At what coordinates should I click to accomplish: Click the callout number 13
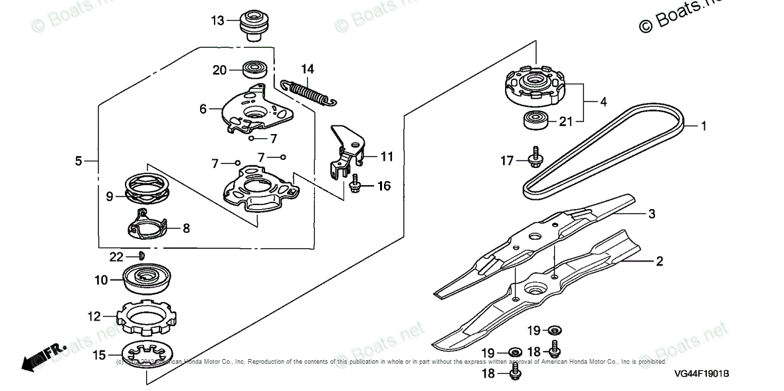218,21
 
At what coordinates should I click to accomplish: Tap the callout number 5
78,161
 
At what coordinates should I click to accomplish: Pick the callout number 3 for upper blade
652,214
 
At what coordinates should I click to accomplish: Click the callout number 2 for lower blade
659,262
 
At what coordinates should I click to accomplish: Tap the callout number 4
603,102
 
